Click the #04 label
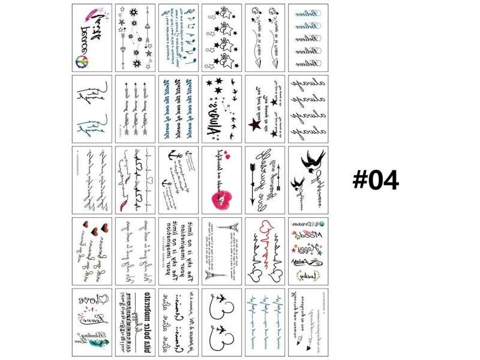pyautogui.click(x=376, y=179)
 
